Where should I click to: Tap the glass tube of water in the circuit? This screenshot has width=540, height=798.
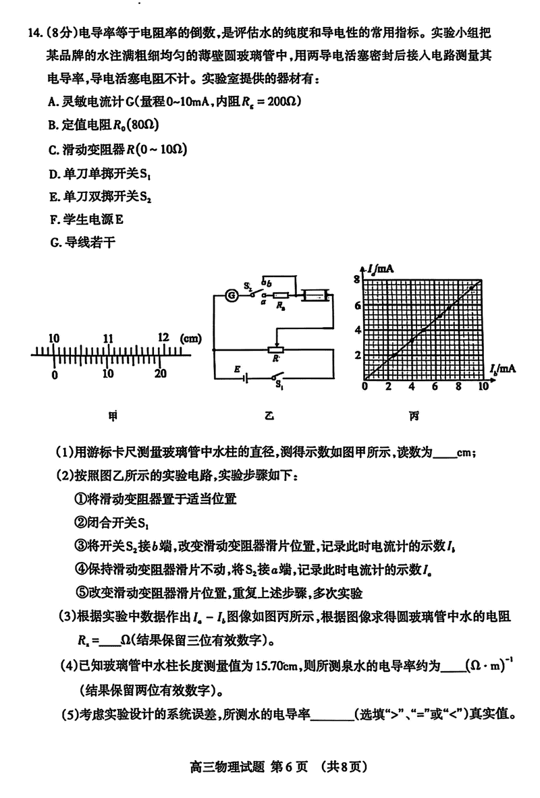tap(314, 295)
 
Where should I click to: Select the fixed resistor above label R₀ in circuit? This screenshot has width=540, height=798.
tap(279, 295)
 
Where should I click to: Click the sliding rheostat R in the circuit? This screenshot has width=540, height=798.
tap(275, 350)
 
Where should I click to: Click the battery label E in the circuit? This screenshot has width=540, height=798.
tap(236, 369)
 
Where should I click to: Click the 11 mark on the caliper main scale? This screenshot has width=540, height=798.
tap(108, 338)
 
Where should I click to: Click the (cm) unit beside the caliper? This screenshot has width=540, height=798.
tap(190, 337)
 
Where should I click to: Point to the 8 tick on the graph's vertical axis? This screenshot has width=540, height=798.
tap(358, 279)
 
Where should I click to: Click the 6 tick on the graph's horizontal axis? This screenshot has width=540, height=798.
tap(435, 387)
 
